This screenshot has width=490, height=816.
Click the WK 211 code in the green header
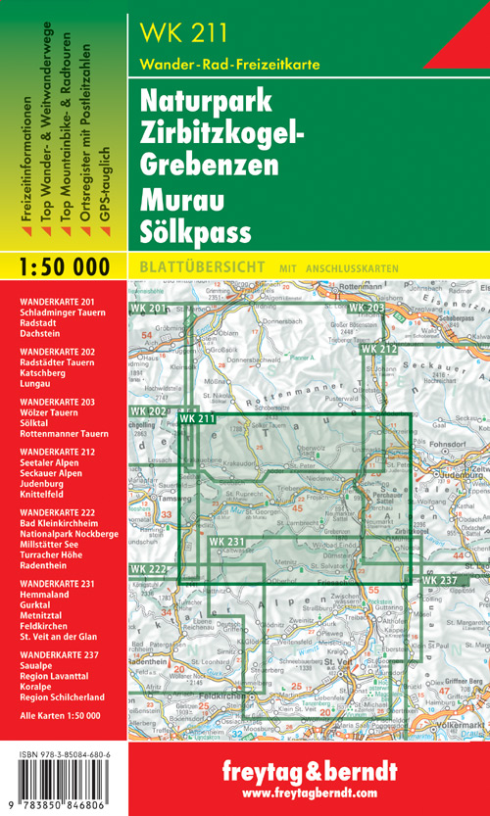coord(184,32)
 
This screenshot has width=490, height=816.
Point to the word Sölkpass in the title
coord(195,233)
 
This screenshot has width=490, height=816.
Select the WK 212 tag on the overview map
coord(378,349)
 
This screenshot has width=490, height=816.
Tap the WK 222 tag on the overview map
coord(148,569)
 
